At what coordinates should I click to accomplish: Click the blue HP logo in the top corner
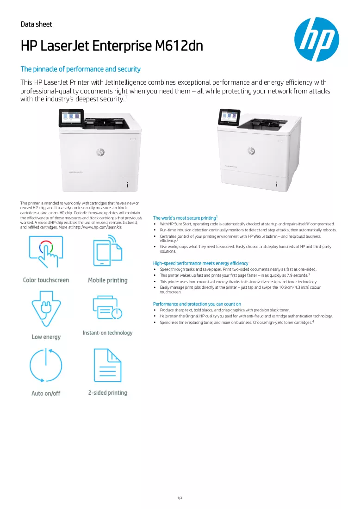click(317, 39)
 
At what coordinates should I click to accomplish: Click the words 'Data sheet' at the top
click(36, 25)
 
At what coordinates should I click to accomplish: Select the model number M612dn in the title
click(179, 46)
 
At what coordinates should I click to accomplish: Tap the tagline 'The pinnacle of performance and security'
click(81, 69)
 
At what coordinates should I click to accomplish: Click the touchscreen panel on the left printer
click(71, 118)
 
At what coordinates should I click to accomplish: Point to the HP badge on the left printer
click(100, 152)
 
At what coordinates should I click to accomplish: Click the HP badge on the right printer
click(251, 151)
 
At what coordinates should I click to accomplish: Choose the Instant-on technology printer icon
click(107, 307)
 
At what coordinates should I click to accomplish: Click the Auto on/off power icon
click(46, 365)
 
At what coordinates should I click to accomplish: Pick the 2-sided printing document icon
click(107, 365)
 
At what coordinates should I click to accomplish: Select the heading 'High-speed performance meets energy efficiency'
click(201, 263)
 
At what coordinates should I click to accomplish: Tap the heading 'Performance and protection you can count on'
click(197, 304)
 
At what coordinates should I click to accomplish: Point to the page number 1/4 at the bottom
click(180, 498)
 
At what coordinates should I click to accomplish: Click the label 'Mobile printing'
click(108, 280)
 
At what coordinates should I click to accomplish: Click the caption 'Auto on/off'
click(46, 393)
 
